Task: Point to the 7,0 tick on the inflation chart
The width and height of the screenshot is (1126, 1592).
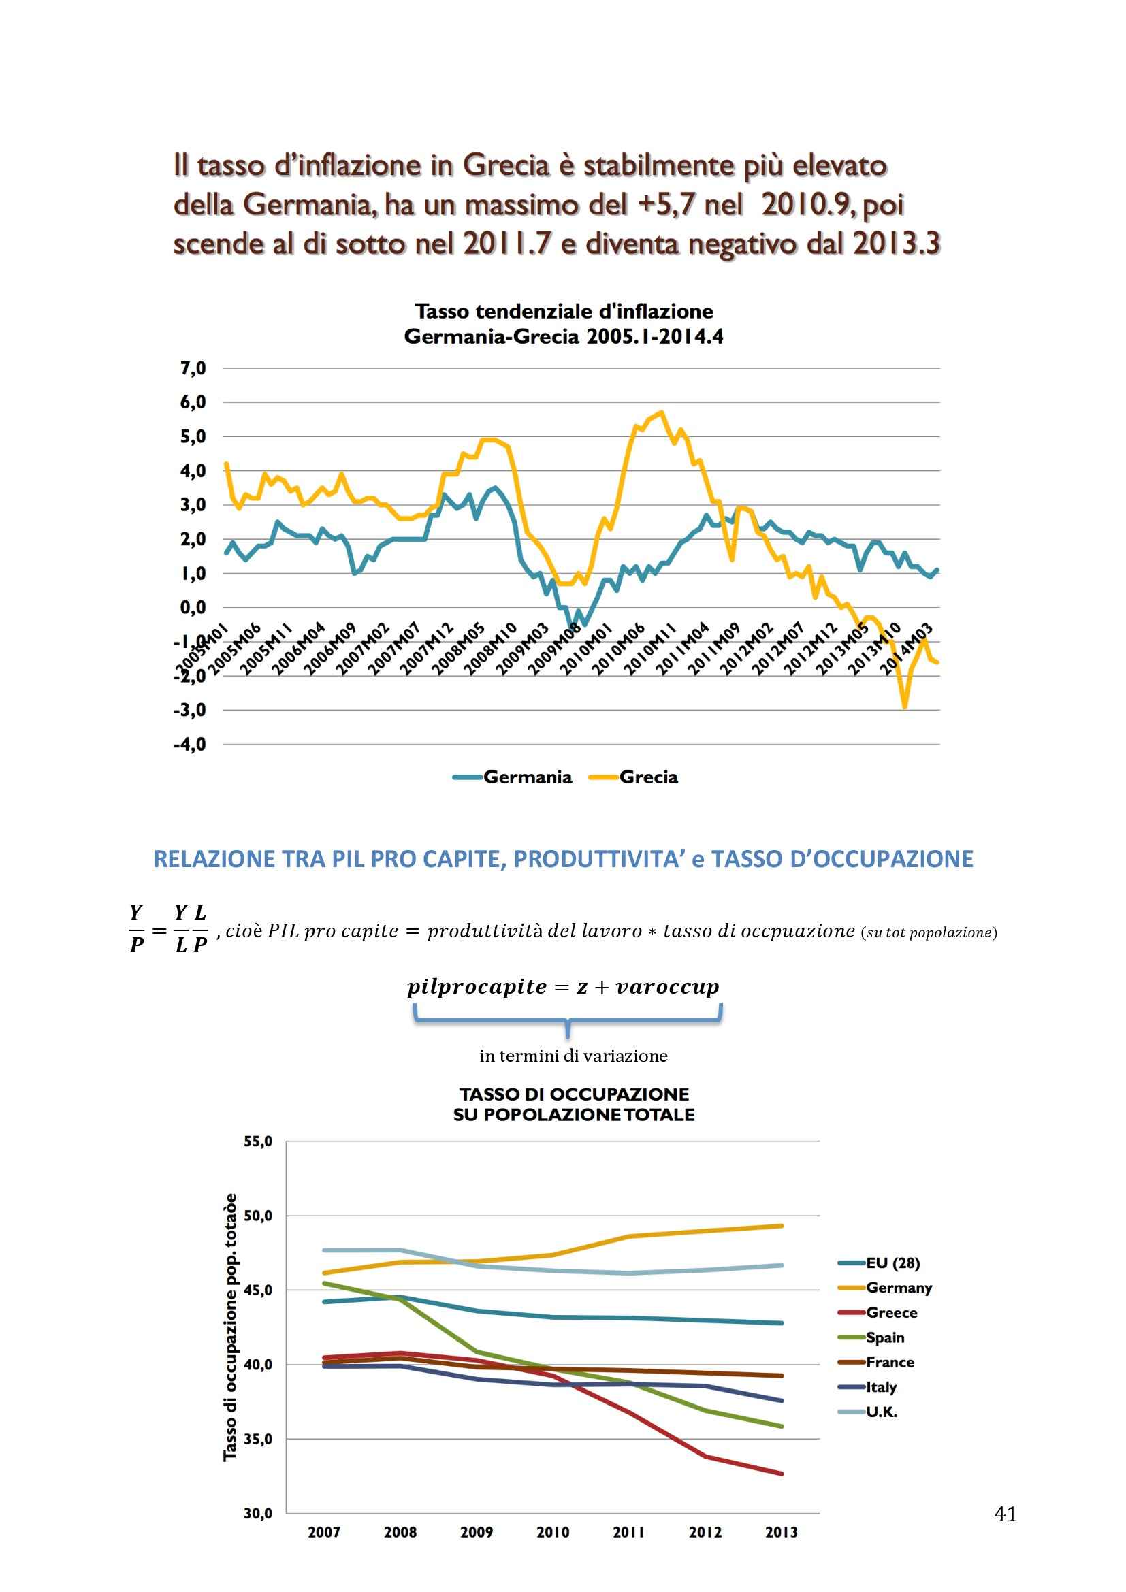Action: click(193, 368)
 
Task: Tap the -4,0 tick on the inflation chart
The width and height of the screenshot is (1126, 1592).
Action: click(191, 745)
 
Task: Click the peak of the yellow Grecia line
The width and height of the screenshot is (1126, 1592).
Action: click(662, 412)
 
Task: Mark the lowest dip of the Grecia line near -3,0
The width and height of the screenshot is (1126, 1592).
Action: click(905, 706)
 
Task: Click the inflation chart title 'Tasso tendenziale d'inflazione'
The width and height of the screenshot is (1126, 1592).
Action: click(564, 311)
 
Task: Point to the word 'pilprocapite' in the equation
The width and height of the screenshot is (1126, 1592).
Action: click(477, 987)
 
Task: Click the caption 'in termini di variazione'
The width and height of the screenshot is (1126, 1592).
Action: click(573, 1056)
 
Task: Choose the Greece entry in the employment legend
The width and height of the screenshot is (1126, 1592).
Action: click(891, 1312)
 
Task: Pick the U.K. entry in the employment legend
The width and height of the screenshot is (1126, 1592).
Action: click(881, 1412)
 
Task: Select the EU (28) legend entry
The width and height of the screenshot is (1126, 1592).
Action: click(892, 1263)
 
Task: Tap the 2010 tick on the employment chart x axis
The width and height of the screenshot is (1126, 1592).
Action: click(553, 1531)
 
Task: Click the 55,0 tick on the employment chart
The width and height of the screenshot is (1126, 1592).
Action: click(258, 1142)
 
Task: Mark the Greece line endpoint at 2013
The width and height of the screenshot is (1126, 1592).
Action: click(782, 1474)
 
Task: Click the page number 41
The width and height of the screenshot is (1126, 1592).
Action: click(1006, 1514)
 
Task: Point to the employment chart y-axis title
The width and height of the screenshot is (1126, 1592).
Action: click(230, 1327)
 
